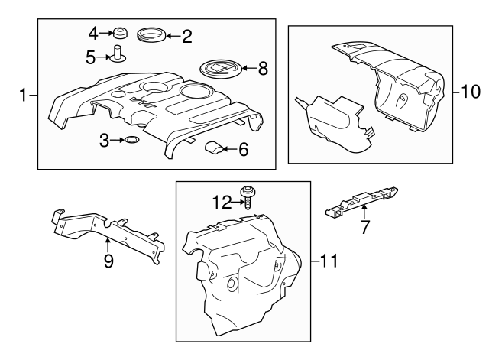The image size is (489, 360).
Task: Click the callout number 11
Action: [x=328, y=261]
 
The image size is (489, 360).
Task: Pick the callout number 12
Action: [x=222, y=203]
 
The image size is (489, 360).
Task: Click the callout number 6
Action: [x=244, y=150]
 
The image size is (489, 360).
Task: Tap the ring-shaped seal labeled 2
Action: [x=149, y=34]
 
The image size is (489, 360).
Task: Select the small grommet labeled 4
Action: [x=118, y=34]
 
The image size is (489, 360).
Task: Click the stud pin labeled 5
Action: [x=118, y=54]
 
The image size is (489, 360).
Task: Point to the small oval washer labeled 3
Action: [x=131, y=140]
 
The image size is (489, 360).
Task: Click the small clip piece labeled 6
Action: [x=215, y=148]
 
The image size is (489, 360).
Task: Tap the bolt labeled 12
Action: [x=248, y=197]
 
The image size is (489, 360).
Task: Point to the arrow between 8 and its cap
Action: [x=247, y=69]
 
